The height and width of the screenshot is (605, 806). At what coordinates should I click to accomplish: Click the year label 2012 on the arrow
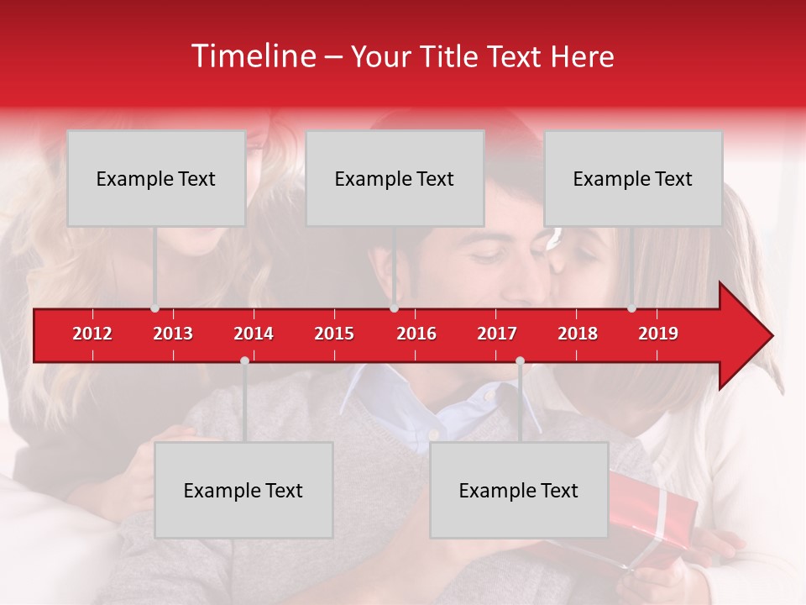coord(92,334)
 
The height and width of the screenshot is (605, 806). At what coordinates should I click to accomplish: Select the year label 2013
coord(173,334)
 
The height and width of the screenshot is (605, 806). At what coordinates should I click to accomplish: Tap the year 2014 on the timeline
coord(254,334)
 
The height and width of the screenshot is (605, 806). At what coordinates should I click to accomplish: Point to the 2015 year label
coord(334,334)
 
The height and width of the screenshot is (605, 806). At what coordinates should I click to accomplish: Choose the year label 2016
coord(416,334)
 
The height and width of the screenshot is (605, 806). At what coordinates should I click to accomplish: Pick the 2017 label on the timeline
coord(497,334)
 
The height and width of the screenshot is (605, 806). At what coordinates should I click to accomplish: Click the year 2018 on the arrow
coord(578,334)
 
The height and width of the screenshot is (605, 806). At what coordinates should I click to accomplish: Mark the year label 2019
coord(658,334)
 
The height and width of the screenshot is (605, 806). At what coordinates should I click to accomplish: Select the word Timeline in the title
coord(253,56)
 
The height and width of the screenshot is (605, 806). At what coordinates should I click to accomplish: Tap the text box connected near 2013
coord(156,178)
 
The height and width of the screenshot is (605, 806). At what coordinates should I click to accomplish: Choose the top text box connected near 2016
coord(395,178)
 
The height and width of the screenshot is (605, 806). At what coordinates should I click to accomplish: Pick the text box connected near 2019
coord(633,178)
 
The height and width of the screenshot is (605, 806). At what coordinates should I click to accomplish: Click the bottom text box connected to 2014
coord(243,490)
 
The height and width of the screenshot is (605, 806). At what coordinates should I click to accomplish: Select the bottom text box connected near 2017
coord(519,490)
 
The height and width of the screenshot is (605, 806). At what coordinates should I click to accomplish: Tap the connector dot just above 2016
coord(395,308)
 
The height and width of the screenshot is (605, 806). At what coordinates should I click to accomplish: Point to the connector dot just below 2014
coord(244,360)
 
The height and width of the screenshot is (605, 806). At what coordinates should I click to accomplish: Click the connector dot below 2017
coord(520,360)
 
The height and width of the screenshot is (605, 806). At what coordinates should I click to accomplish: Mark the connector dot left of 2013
coord(154,308)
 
